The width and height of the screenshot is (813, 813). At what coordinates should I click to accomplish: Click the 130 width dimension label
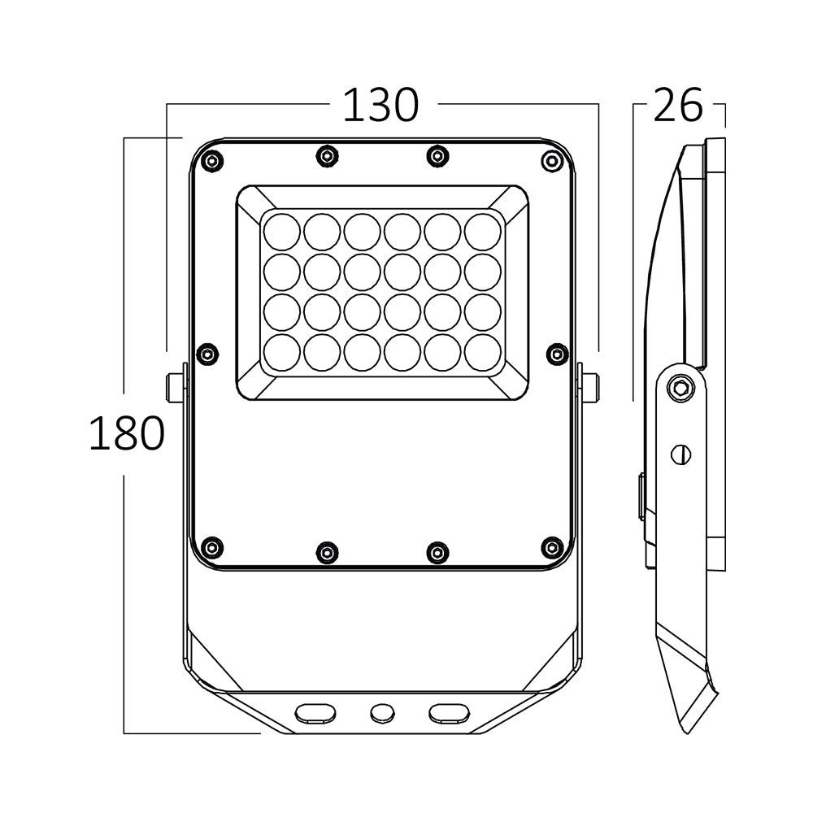(x=380, y=106)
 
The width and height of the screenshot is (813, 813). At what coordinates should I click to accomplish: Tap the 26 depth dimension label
(x=677, y=106)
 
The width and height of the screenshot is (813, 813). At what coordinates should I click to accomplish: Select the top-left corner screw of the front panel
(x=212, y=161)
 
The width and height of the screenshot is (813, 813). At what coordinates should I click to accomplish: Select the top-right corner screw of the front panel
(x=552, y=161)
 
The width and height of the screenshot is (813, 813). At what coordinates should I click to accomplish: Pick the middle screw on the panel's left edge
(x=208, y=354)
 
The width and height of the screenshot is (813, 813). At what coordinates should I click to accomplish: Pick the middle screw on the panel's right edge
(x=557, y=354)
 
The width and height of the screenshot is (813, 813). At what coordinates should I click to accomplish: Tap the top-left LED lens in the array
(x=282, y=232)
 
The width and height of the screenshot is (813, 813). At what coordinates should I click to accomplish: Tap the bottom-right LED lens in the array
(x=483, y=352)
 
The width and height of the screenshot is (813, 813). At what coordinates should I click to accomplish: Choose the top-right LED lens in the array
(x=483, y=232)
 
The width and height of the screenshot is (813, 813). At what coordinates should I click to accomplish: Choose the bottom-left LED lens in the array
(x=282, y=352)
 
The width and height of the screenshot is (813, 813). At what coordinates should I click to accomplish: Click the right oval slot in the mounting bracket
(x=450, y=712)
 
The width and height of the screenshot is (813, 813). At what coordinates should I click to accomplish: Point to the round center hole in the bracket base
(x=380, y=713)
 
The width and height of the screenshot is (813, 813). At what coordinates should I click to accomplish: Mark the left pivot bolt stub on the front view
(x=175, y=388)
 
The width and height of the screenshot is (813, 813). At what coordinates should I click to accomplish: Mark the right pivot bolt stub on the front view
(x=589, y=388)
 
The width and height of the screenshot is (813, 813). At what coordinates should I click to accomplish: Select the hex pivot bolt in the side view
(x=680, y=389)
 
